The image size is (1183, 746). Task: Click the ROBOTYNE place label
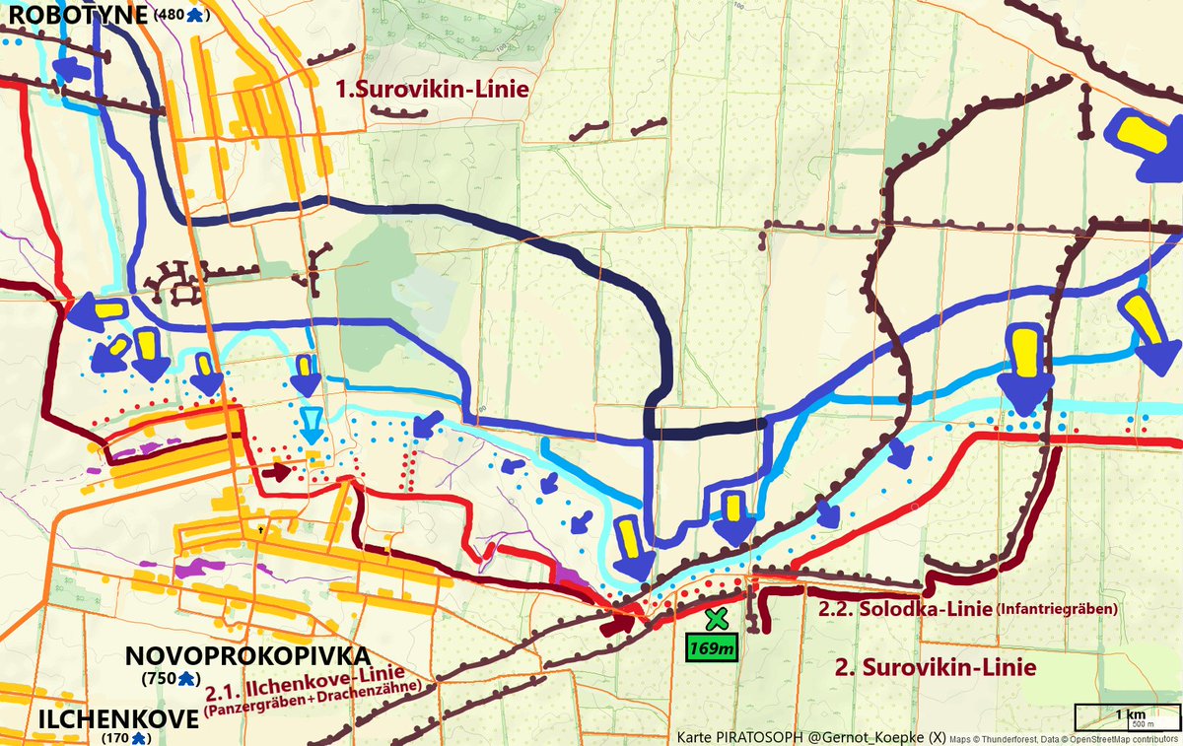coord(75,14)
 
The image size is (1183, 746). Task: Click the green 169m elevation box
coord(710,648)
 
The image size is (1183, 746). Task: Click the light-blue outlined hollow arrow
coord(311,425)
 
